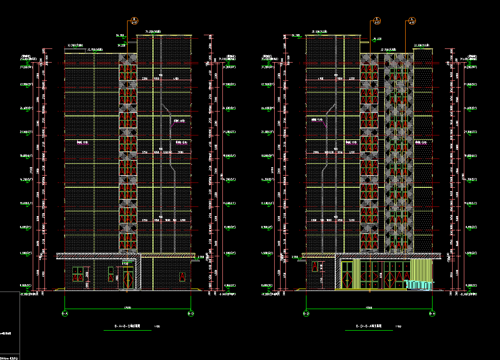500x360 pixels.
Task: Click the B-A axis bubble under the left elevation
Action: (65, 313)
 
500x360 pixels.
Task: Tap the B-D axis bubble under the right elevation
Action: (306, 313)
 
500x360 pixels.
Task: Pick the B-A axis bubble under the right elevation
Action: (432, 313)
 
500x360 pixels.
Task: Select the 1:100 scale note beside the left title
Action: (156, 326)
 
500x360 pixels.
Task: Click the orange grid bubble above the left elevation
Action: (134, 21)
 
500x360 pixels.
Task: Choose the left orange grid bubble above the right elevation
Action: (377, 21)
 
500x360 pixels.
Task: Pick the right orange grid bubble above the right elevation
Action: (412, 21)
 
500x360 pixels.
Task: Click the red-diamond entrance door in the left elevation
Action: (128, 278)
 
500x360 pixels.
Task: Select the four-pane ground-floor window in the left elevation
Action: (78, 274)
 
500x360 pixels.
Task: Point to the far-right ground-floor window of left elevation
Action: (182, 277)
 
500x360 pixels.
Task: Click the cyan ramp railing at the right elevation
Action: (419, 285)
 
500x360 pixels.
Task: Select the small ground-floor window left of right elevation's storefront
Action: (315, 267)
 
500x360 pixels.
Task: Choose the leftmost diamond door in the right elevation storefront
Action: (347, 276)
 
